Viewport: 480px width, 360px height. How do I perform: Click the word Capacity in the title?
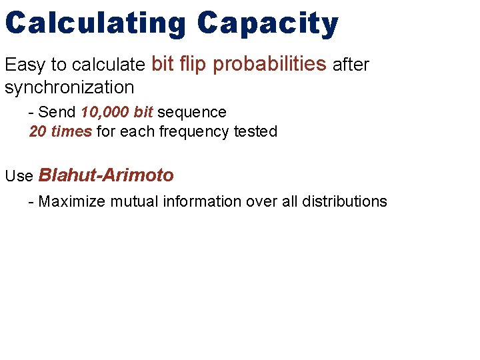coord(268,24)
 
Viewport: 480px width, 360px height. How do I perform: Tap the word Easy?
coord(25,65)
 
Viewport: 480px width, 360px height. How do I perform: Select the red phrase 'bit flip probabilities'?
coord(239,64)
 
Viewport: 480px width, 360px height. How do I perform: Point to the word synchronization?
coord(69,87)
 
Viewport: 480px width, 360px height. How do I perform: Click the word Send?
coord(58,112)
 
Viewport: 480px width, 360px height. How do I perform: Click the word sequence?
coord(192,112)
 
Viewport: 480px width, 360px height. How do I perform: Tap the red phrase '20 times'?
coord(61,131)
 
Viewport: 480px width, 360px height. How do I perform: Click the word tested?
coord(255,131)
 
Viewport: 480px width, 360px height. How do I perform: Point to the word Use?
coord(19,176)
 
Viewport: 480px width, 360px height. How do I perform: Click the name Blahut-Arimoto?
coord(107,175)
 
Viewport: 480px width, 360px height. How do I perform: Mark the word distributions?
coord(343,201)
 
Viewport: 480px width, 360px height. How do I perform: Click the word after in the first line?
coord(351,65)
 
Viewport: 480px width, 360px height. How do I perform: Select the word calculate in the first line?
coord(109,65)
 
